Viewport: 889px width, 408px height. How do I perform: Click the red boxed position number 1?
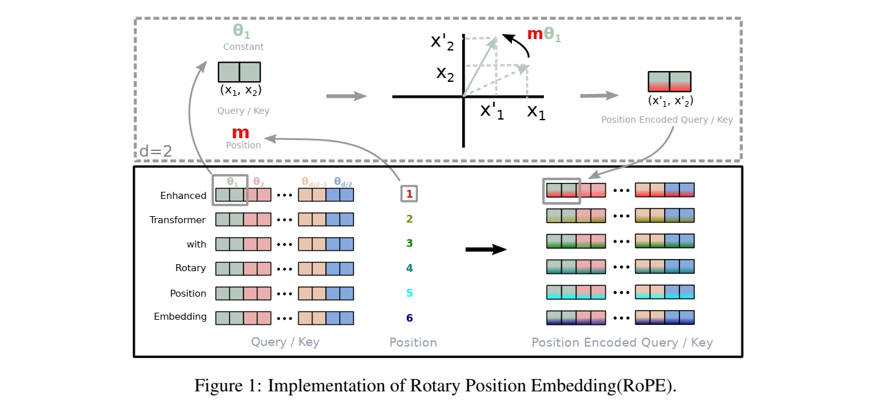[x=409, y=194]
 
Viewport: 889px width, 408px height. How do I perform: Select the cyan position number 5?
[x=410, y=293]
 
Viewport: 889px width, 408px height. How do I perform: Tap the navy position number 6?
[x=410, y=318]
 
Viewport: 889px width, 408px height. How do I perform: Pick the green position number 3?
[x=410, y=243]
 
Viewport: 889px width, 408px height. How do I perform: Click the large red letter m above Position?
[x=240, y=132]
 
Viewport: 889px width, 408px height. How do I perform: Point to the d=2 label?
[x=155, y=151]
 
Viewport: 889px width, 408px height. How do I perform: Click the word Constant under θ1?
[x=244, y=47]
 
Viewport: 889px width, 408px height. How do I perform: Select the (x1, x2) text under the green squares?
[x=241, y=90]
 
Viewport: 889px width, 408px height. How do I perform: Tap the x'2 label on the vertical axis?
[x=442, y=42]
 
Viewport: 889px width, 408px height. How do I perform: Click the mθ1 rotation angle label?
[x=544, y=35]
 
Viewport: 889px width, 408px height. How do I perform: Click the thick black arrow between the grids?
[x=486, y=249]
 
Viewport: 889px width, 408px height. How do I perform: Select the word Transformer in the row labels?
[x=178, y=220]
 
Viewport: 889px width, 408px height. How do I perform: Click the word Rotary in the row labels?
[x=190, y=268]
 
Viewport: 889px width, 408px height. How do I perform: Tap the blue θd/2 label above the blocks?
[x=343, y=182]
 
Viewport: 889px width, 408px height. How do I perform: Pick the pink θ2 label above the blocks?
[x=259, y=182]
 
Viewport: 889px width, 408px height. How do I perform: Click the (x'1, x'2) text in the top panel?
[x=670, y=100]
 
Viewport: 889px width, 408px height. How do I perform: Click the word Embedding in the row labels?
[x=180, y=317]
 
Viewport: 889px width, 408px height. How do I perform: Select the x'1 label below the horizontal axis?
[x=491, y=111]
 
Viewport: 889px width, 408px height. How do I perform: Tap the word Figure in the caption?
[x=218, y=386]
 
